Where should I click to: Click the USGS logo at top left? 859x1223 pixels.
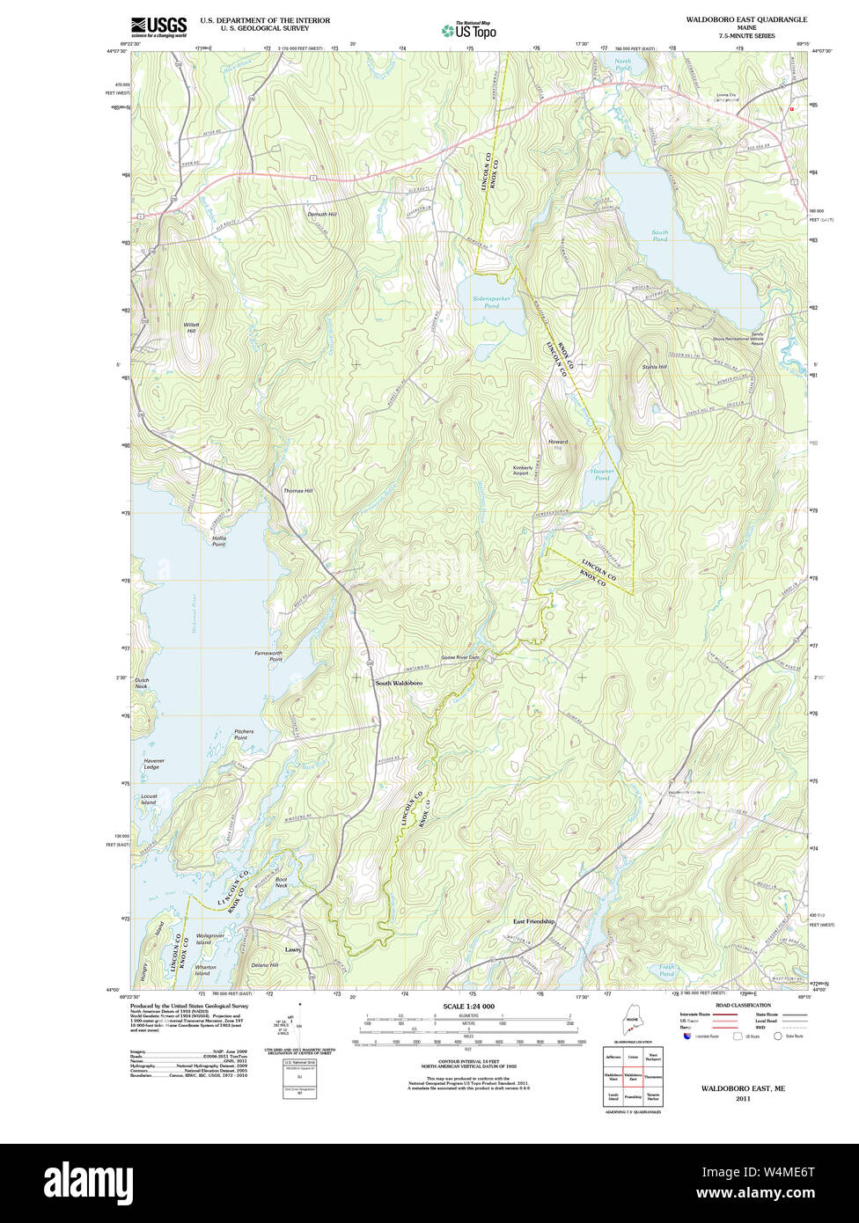pos(158,27)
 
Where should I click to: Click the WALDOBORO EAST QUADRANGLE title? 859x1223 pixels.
pos(746,19)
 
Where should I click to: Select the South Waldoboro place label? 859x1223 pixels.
pos(399,684)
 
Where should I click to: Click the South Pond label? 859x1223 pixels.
pos(659,236)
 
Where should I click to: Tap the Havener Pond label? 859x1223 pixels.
pos(601,474)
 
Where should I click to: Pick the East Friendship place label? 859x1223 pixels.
pos(534,921)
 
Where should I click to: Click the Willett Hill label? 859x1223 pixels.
pos(191,327)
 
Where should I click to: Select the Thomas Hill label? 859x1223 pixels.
pos(297,491)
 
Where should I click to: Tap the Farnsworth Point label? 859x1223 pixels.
pos(268,656)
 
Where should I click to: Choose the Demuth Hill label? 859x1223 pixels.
pos(322,215)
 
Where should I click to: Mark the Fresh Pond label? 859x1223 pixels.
pos(666,971)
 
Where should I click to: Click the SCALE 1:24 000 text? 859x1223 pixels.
pos(468,1007)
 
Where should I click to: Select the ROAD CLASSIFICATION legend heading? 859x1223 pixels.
pos(743,1005)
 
